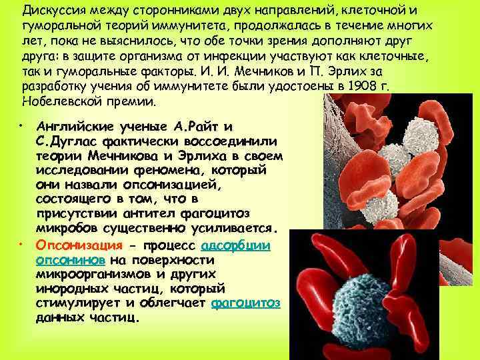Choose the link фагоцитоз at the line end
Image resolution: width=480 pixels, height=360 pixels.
(245, 303)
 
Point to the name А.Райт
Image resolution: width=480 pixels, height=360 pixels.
(196, 126)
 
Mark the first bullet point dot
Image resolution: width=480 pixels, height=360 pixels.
(21, 125)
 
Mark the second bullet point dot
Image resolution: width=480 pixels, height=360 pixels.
(21, 243)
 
